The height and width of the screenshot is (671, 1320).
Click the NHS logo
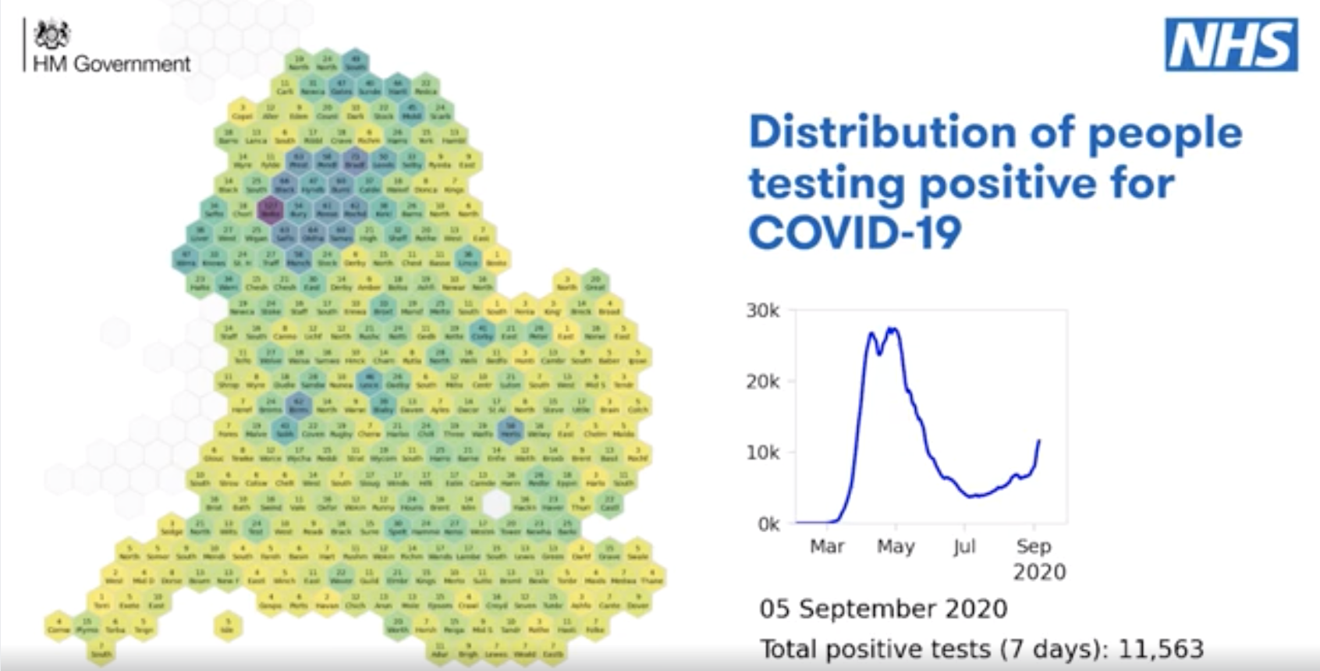pos(1231,45)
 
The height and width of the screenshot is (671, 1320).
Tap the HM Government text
pos(112,64)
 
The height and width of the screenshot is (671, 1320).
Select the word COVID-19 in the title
pos(855,233)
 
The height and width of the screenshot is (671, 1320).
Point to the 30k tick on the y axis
pos(762,311)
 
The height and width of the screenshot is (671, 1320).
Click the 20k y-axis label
pos(762,382)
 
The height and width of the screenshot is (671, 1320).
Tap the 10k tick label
pos(762,453)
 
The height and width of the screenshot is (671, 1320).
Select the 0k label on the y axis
pos(768,524)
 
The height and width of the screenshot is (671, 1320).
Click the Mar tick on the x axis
pos(827,546)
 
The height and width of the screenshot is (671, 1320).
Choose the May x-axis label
pos(896,546)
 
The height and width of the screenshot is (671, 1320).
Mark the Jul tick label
pos(964,546)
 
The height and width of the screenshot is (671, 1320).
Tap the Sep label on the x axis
pos(1034,546)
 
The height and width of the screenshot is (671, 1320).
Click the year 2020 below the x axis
pos(1039,572)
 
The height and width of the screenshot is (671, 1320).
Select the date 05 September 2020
pos(883,609)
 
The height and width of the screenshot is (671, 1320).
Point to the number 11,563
pos(1161,649)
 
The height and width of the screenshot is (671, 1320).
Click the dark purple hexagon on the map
pos(270,211)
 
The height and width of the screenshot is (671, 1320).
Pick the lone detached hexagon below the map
pos(228,626)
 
